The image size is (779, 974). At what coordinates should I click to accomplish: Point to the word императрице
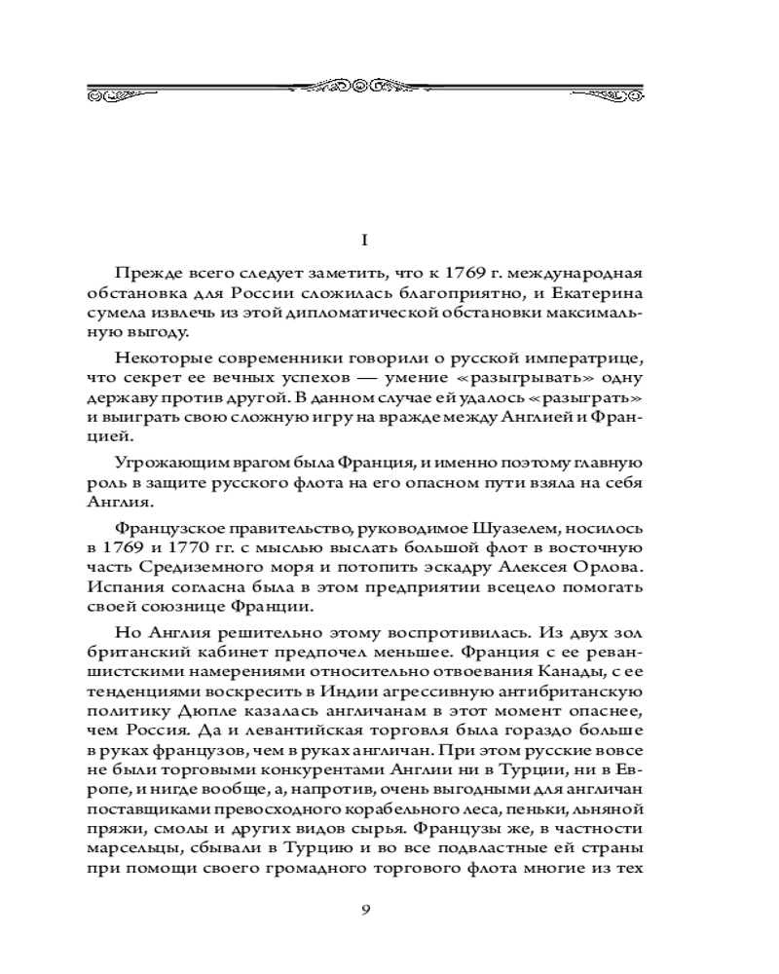tap(592, 357)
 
